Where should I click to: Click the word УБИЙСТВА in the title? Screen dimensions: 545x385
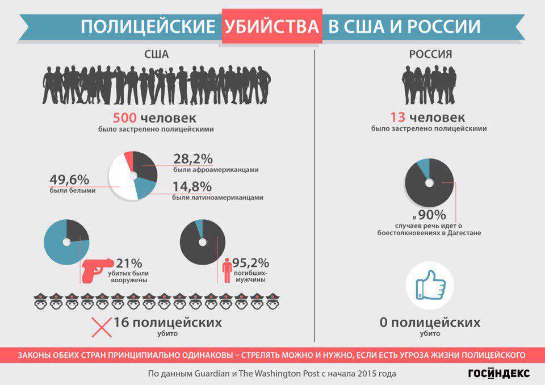(x=272, y=26)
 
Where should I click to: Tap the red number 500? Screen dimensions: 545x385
(x=125, y=118)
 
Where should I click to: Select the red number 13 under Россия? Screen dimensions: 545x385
(x=397, y=117)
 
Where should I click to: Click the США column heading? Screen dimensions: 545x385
(x=157, y=55)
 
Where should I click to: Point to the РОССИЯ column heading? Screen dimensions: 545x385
(x=430, y=55)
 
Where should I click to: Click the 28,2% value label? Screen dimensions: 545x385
(x=193, y=158)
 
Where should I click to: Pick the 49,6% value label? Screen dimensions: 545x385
(x=69, y=179)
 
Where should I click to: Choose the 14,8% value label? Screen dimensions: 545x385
(x=192, y=186)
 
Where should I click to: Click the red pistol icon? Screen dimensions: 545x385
(x=97, y=270)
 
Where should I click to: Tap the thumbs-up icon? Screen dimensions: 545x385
(x=430, y=284)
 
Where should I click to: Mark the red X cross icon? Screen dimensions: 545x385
(x=102, y=327)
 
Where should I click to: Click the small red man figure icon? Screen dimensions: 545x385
(x=227, y=270)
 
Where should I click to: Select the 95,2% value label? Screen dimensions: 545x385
(x=250, y=262)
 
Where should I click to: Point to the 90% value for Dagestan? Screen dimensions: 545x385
(x=432, y=215)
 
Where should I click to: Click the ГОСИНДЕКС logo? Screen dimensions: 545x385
(x=499, y=373)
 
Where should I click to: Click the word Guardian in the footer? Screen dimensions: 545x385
(x=212, y=374)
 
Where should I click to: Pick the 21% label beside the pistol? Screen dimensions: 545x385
(x=129, y=263)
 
